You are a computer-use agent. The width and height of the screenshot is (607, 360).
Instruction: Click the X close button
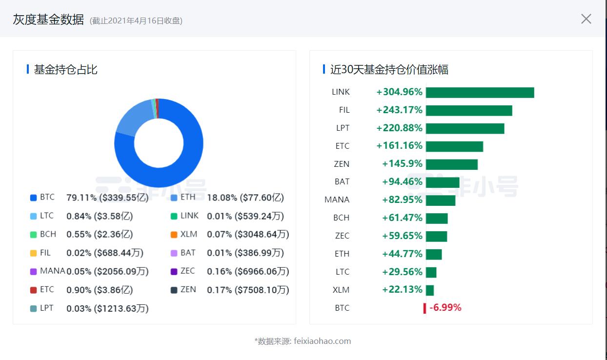(586, 19)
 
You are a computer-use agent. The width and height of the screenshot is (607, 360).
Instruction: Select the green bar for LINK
(480, 92)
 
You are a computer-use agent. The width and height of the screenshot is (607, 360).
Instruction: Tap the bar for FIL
(469, 110)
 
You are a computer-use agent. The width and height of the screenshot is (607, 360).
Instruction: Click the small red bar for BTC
(425, 308)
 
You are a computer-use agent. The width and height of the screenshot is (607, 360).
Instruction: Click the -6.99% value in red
(445, 308)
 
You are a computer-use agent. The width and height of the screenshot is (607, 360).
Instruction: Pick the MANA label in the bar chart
(337, 200)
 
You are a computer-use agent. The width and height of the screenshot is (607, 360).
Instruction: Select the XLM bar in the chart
(430, 290)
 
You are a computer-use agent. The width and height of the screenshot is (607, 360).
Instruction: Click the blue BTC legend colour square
(34, 198)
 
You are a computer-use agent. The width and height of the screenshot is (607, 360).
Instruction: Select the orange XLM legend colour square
(174, 235)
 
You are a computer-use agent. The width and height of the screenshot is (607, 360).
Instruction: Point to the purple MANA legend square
(34, 272)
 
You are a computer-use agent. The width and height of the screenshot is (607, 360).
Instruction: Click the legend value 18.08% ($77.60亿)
(245, 198)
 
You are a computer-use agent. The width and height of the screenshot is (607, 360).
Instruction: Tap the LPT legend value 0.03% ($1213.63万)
(107, 308)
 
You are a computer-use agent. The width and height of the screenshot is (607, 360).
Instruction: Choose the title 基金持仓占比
(65, 70)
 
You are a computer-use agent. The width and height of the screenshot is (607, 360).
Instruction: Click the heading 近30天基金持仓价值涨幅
(389, 70)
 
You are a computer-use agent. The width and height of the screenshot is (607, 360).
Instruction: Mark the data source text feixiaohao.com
(322, 341)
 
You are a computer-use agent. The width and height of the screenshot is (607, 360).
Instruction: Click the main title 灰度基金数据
(48, 20)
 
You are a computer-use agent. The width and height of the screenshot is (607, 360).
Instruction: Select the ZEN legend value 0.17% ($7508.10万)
(248, 290)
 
